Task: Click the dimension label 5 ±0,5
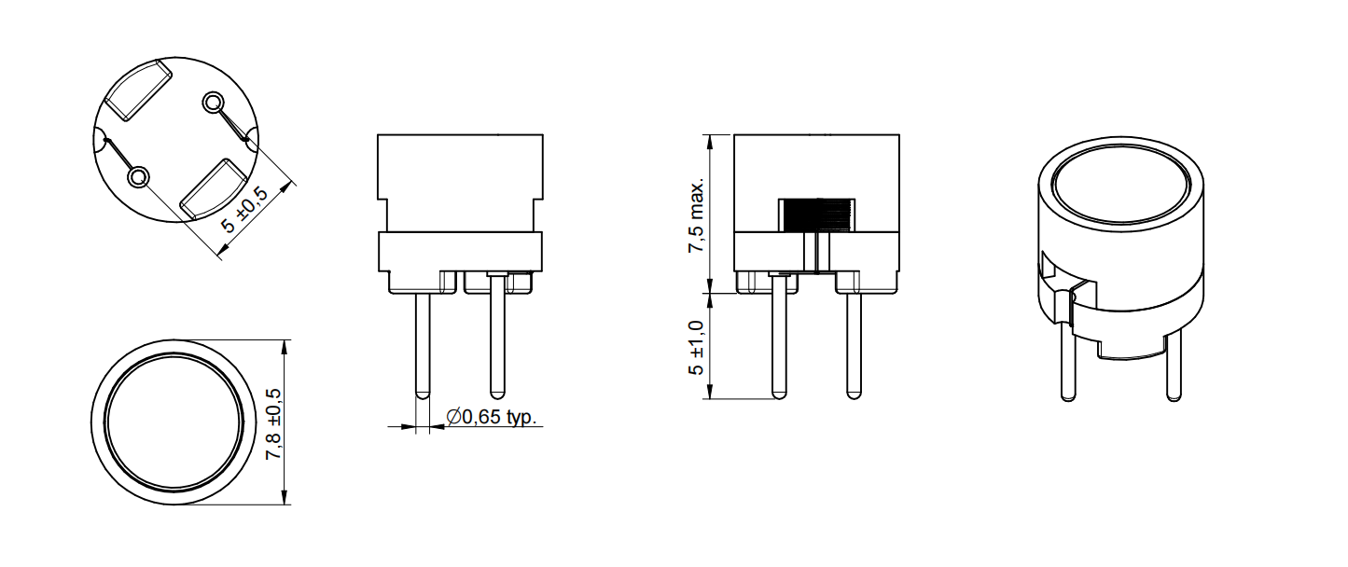[244, 210]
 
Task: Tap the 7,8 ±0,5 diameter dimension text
[273, 424]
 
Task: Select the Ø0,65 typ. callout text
[491, 416]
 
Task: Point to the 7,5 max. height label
[696, 215]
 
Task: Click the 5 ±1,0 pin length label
[696, 348]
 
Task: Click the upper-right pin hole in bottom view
[213, 103]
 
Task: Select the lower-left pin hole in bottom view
[138, 177]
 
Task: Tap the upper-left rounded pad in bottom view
[138, 90]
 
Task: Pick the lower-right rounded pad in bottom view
[213, 188]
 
